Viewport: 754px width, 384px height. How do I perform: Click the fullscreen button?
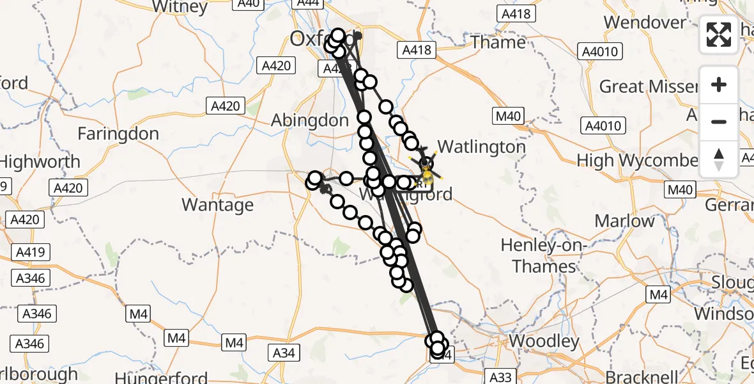click(x=719, y=34)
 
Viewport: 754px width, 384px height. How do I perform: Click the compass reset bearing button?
click(x=719, y=159)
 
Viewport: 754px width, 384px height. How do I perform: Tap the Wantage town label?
click(x=217, y=205)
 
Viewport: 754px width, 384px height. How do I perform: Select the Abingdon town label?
click(x=310, y=120)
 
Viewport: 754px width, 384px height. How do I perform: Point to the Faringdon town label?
click(x=118, y=134)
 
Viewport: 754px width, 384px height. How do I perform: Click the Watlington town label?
click(x=481, y=147)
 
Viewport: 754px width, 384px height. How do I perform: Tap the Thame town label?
click(x=498, y=42)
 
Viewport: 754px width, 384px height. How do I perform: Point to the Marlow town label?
click(x=624, y=221)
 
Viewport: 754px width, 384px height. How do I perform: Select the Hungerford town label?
click(x=157, y=378)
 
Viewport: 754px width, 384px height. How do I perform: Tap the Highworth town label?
click(x=40, y=162)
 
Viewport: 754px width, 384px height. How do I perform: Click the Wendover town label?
click(x=645, y=22)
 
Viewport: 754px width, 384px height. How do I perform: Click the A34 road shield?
click(x=284, y=352)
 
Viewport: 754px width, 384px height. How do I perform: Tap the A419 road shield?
click(x=30, y=252)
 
